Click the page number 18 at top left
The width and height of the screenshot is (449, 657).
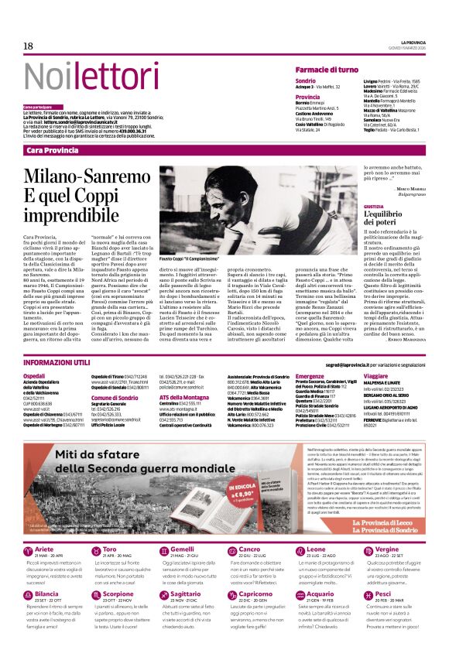click(x=29, y=46)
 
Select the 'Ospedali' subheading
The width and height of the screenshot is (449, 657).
click(x=35, y=375)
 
